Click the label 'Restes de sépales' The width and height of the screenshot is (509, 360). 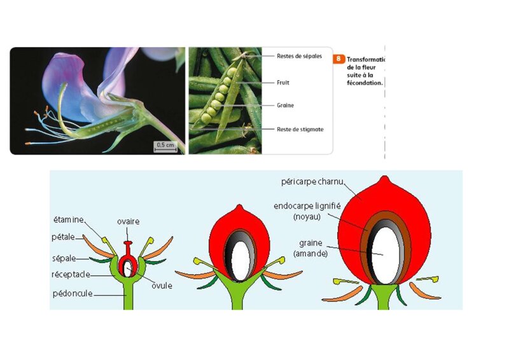[x=299, y=56]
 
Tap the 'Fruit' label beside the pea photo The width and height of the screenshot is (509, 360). [x=284, y=83]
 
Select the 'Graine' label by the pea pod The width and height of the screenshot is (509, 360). [x=286, y=106]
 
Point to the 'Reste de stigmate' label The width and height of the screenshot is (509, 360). [x=300, y=129]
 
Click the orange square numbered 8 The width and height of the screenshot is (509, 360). [x=338, y=59]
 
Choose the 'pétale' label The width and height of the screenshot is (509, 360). [x=65, y=237]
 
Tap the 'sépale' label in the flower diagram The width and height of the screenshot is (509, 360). [x=65, y=259]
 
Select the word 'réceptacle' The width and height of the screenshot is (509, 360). [x=71, y=274]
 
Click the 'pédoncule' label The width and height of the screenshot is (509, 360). [x=72, y=294]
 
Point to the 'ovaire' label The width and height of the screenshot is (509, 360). [x=128, y=221]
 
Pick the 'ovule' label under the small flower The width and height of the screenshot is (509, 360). [x=162, y=286]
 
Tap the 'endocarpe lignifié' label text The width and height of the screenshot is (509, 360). [x=309, y=207]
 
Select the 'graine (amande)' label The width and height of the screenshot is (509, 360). [x=312, y=247]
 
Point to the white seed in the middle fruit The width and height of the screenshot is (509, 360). [x=240, y=258]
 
